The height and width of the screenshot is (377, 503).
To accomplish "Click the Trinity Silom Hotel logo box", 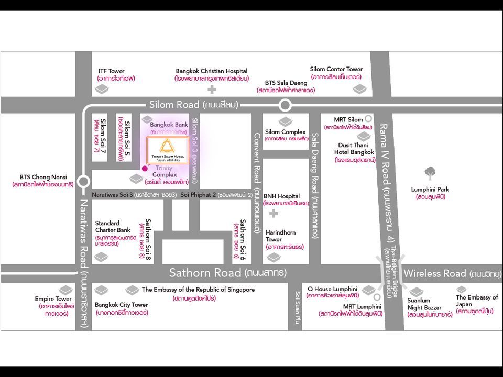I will [x=168, y=151].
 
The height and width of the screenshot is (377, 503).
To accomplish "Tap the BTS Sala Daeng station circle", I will [x=285, y=105].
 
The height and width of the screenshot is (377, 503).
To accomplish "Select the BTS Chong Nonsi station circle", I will [x=83, y=182].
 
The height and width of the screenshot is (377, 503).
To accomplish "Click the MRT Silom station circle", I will [x=369, y=119].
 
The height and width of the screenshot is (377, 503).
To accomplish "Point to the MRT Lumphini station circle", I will [x=377, y=297].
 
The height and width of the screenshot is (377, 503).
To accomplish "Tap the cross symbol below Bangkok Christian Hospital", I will [x=212, y=90].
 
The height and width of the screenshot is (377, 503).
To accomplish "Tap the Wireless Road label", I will [x=435, y=273].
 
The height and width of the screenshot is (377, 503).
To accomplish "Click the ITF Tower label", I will [x=112, y=71].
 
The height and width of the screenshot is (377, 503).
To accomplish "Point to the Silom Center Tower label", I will [x=336, y=69].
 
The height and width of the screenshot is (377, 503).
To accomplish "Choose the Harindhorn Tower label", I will [x=281, y=236].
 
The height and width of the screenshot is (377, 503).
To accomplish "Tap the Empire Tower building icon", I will [x=65, y=290].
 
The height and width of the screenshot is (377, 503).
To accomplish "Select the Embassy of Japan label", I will [x=476, y=301].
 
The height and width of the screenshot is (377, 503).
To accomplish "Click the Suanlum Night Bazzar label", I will [x=423, y=304].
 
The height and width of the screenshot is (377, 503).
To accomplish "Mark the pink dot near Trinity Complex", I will [x=145, y=168].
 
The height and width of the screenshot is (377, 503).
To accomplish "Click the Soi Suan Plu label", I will [x=296, y=308].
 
